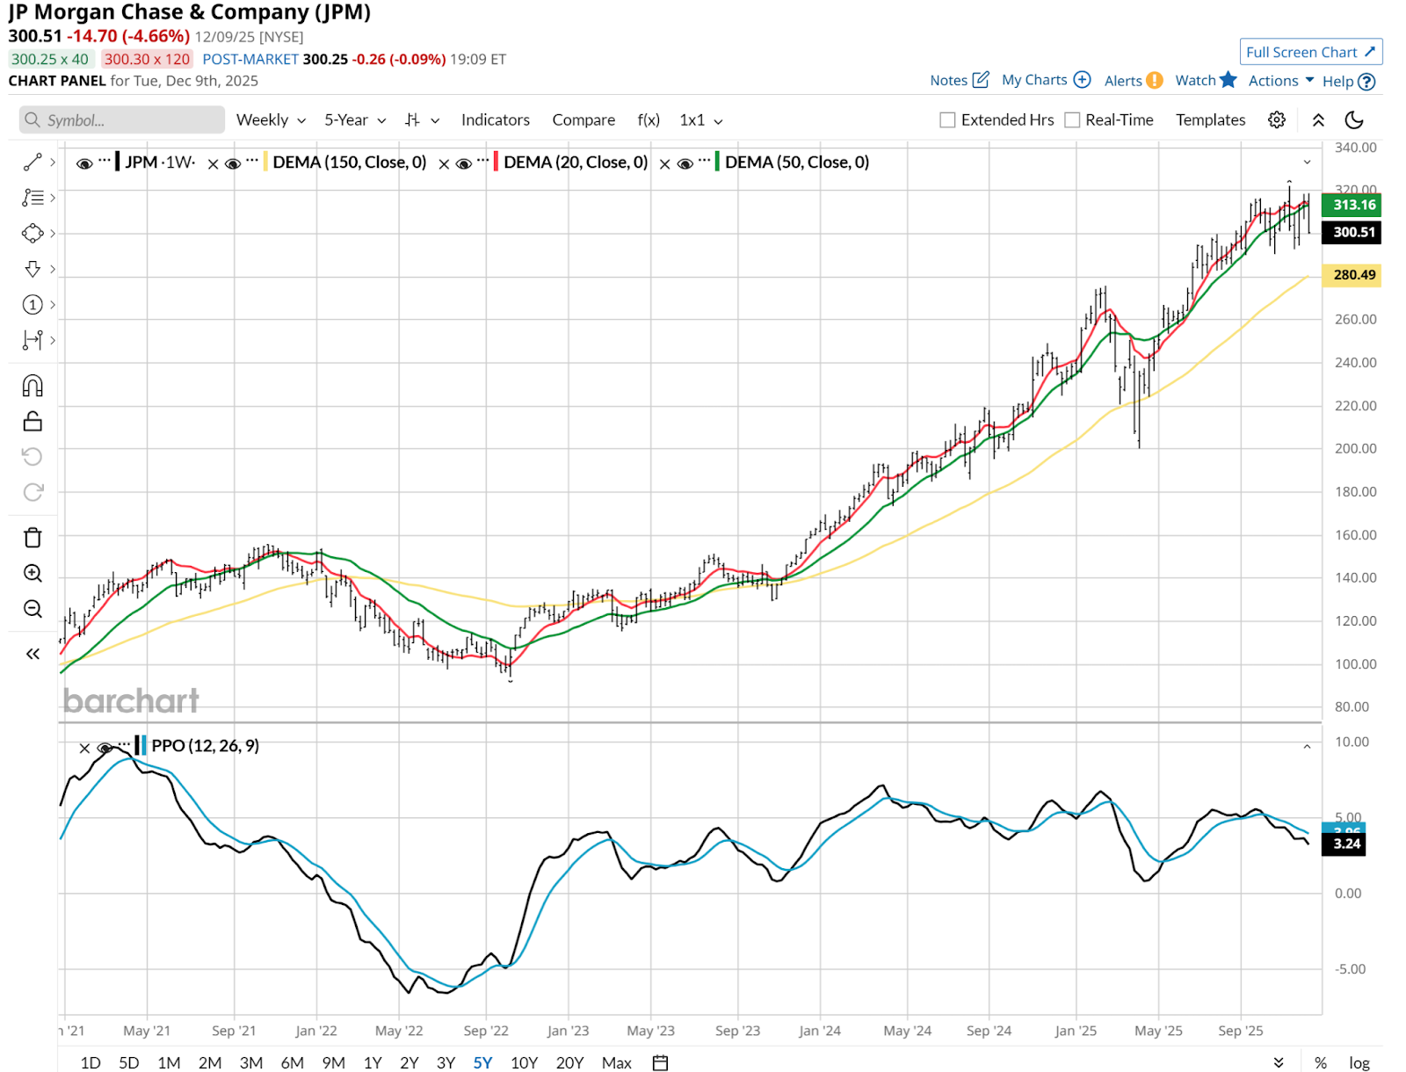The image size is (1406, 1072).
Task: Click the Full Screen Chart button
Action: pos(1310,52)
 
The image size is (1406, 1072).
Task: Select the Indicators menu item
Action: pos(495,120)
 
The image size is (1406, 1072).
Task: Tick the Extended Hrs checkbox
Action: pos(947,120)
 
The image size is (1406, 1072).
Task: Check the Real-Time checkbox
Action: pos(1072,120)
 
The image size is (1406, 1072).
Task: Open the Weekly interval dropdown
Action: pos(271,120)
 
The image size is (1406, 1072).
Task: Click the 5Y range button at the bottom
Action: pos(482,1062)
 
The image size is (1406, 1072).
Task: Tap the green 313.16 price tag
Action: pos(1353,205)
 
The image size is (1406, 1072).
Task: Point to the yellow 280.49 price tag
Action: pos(1353,275)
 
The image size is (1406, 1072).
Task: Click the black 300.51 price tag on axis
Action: pos(1353,232)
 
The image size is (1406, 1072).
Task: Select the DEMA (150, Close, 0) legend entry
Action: pos(349,162)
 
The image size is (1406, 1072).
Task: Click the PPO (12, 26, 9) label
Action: pos(205,745)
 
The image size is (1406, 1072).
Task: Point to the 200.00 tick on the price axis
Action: pos(1355,448)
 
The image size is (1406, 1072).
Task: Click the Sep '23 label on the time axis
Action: pos(737,1031)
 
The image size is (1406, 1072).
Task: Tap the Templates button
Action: pos(1210,120)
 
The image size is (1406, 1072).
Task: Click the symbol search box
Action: pos(122,120)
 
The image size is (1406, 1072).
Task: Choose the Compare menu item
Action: pos(583,120)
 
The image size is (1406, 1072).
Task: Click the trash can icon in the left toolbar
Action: pos(33,538)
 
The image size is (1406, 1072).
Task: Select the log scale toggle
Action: pos(1359,1062)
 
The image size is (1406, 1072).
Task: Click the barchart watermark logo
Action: pos(131,700)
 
